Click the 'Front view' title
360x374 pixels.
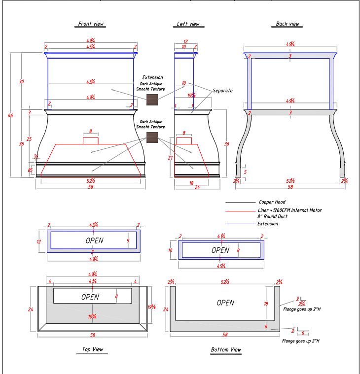coord(91,24)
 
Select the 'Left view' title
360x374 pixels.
coord(188,24)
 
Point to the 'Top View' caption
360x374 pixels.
coord(92,350)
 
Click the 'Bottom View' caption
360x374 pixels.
coord(225,350)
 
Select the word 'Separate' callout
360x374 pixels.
coord(222,91)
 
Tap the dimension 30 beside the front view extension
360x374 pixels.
coord(21,81)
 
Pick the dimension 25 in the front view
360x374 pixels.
coord(29,139)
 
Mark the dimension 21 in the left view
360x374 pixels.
coord(170,158)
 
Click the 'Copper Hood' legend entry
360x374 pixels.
coord(272,202)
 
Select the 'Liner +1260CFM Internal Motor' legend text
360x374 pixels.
coord(290,210)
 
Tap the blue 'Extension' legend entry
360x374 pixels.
coord(268,224)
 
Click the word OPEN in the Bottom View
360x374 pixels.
coord(226,303)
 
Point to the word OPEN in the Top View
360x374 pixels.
coord(90,297)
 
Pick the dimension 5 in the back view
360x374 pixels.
coord(245,172)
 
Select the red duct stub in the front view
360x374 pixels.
coord(91,140)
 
